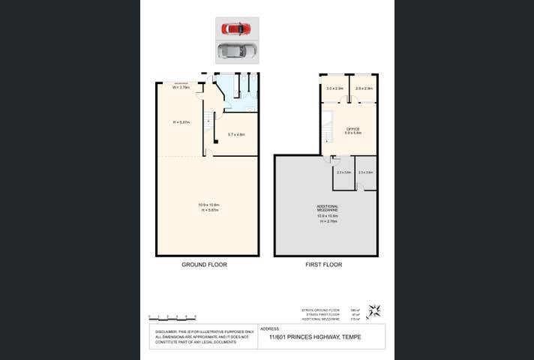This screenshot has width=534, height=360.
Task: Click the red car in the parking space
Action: pyautogui.click(x=236, y=28)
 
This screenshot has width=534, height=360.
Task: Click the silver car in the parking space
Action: pyautogui.click(x=236, y=51)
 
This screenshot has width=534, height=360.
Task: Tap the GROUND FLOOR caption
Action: pyautogui.click(x=204, y=265)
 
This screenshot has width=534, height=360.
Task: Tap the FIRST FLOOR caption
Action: pyautogui.click(x=323, y=265)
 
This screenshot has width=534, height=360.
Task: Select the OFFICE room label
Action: pyautogui.click(x=352, y=129)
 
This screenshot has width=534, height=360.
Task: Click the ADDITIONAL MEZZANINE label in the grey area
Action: pyautogui.click(x=327, y=208)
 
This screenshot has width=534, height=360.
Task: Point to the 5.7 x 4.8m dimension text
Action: pyautogui.click(x=236, y=134)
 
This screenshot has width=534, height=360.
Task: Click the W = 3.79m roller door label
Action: pyautogui.click(x=181, y=88)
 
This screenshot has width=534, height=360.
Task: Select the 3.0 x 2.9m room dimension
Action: pyautogui.click(x=334, y=88)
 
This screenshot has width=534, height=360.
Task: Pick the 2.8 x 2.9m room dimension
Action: pyautogui.click(x=364, y=88)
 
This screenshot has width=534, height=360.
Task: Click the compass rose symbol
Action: pyautogui.click(x=375, y=310)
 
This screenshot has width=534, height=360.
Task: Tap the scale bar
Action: pyautogui.click(x=172, y=316)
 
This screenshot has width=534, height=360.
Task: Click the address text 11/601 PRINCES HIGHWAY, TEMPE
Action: pyautogui.click(x=314, y=337)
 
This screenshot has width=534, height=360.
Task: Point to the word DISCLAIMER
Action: pyautogui.click(x=166, y=331)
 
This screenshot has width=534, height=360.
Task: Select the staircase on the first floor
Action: pyautogui.click(x=327, y=133)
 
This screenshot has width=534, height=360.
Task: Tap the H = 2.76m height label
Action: pyautogui.click(x=328, y=221)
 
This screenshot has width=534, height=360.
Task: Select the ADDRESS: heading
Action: pyautogui.click(x=269, y=328)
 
